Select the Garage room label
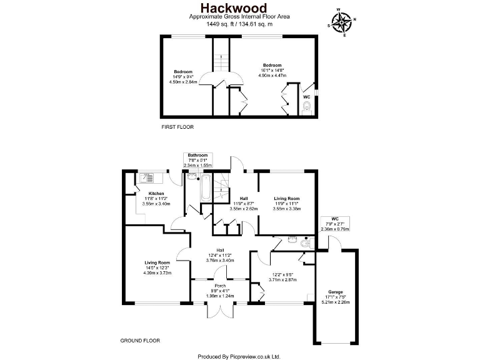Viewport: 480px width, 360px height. coord(336,292)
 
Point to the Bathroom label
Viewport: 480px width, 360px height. coord(198,155)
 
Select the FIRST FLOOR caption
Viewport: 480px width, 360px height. coord(177,127)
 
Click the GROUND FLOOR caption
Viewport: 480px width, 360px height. coord(139,341)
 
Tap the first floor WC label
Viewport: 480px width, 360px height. coord(306,97)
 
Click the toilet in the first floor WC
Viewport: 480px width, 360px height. coord(306,111)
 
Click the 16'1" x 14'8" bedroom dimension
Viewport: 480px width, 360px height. coord(272,71)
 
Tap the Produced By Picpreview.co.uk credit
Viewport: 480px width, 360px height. coord(239,356)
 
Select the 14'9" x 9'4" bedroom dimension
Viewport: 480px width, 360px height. coord(183,77)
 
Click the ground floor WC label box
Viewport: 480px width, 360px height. coord(334,224)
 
